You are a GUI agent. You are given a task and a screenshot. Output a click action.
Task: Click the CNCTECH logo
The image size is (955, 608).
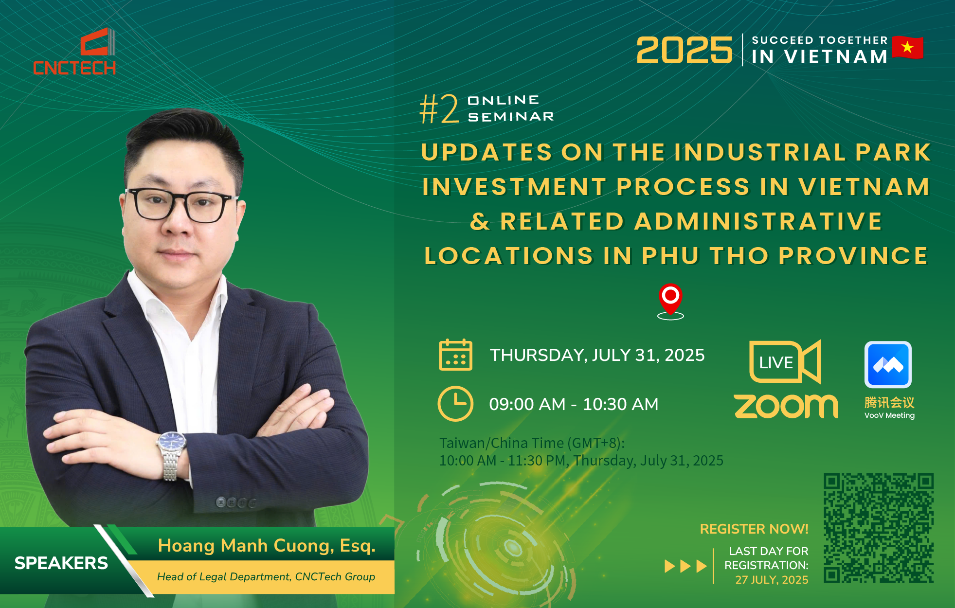point(74,52)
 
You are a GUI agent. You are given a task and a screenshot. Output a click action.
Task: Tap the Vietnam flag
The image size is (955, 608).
point(907,48)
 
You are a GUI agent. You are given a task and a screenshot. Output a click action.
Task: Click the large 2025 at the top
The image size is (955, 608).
point(684,50)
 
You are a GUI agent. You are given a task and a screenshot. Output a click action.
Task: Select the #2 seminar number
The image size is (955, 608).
point(439,109)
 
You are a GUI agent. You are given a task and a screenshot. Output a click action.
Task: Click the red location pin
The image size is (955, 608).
point(670,300)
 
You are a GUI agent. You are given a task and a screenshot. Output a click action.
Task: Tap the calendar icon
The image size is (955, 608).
point(455,355)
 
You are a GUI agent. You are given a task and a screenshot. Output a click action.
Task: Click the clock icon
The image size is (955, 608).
point(455,403)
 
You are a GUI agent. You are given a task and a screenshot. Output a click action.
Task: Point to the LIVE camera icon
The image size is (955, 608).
point(785,361)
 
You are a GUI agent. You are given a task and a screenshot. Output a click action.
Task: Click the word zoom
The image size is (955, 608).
point(786,406)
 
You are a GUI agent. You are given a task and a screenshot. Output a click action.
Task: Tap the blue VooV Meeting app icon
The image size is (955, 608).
point(888,364)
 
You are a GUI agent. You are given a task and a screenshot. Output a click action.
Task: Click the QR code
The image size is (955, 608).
point(879,528)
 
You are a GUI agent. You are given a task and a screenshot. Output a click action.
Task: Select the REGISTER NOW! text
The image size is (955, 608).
point(754,529)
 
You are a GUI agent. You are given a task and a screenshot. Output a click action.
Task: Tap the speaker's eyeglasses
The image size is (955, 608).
point(180,205)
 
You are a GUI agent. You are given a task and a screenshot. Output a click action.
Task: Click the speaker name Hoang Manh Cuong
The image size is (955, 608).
point(246,546)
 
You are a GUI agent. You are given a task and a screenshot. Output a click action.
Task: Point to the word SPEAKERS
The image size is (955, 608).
point(61,563)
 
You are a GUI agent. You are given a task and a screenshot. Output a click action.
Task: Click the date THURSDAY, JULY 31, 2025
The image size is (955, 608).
point(597,355)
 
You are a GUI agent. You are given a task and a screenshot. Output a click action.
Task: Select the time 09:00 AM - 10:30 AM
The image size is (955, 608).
point(574,404)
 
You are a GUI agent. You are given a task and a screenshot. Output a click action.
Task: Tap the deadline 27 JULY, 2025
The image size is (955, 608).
point(772,580)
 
